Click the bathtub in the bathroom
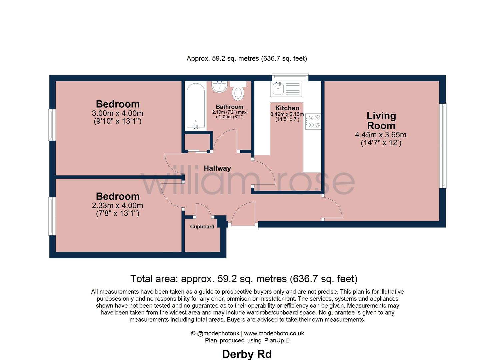(x=195, y=106)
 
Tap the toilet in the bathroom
(x=238, y=92)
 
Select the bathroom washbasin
(x=219, y=87)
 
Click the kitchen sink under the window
(x=278, y=89)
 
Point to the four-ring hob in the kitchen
(x=313, y=121)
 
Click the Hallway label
(x=217, y=168)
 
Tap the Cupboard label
(x=202, y=227)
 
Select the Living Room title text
(x=381, y=121)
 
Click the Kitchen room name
(x=287, y=108)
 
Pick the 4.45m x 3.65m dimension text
(x=381, y=135)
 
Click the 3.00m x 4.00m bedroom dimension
(x=117, y=114)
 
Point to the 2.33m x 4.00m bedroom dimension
(x=117, y=206)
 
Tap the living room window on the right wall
(x=444, y=146)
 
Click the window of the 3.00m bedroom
(x=52, y=125)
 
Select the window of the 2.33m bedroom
(x=52, y=216)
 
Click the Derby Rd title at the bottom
(x=247, y=354)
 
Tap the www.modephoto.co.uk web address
(x=274, y=333)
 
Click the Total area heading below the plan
(x=244, y=279)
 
